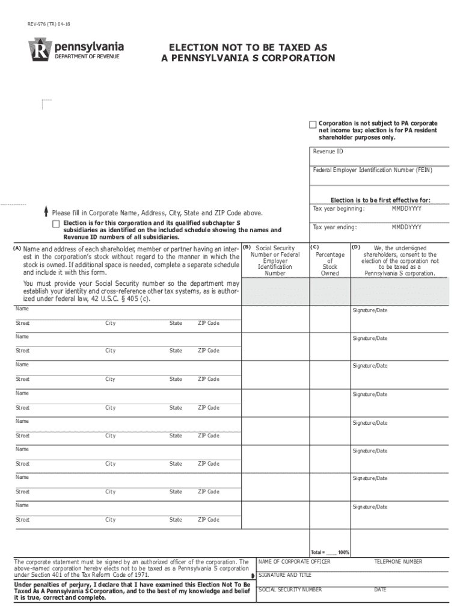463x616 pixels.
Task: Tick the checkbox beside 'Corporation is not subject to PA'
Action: click(313, 125)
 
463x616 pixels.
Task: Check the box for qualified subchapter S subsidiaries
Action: click(56, 224)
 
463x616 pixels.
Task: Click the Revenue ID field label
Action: click(328, 152)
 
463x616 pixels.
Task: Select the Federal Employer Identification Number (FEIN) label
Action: click(372, 170)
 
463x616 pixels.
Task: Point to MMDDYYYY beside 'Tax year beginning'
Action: click(406, 209)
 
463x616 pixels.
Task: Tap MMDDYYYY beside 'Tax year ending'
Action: click(406, 227)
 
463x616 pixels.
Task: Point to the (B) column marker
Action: click(246, 247)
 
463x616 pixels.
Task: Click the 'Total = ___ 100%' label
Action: click(330, 552)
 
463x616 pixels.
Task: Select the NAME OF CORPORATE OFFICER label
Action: click(294, 562)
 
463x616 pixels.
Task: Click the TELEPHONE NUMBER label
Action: click(398, 562)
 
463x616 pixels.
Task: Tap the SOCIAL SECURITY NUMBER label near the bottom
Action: click(290, 590)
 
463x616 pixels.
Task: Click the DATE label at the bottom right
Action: click(380, 590)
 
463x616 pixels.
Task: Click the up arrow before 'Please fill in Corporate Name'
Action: click(46, 212)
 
